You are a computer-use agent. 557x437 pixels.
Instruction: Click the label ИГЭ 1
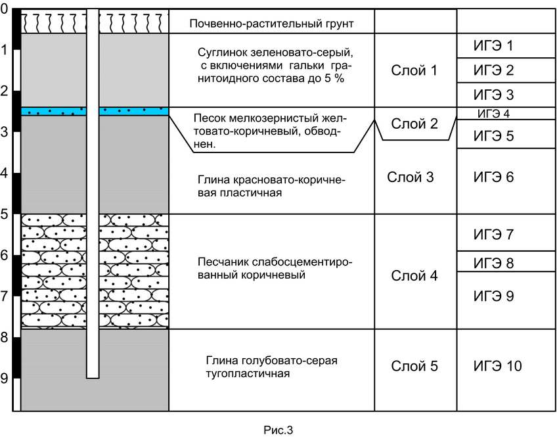[493, 45]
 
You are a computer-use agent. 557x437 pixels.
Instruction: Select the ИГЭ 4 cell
[506, 113]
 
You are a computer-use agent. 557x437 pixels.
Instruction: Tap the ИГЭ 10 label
[497, 366]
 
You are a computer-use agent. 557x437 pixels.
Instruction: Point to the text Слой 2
[414, 124]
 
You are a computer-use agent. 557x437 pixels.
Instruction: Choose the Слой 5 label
[414, 366]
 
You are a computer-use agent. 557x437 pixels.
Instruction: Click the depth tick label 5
[4, 215]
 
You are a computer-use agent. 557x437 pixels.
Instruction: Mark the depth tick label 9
[4, 379]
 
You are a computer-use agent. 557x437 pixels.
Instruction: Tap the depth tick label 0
[4, 9]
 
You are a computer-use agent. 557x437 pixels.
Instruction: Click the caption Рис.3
[278, 430]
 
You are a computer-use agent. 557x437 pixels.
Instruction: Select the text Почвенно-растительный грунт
[271, 24]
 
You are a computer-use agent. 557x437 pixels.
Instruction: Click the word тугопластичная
[248, 374]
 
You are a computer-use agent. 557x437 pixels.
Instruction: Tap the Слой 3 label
[411, 177]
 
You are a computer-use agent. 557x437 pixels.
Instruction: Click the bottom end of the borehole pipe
[93, 378]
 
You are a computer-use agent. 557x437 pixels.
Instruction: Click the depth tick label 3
[4, 132]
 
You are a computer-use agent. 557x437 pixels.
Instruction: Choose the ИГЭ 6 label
[493, 177]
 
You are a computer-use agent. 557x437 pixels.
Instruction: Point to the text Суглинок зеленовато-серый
[275, 53]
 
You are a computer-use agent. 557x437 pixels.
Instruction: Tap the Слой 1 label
[414, 70]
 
